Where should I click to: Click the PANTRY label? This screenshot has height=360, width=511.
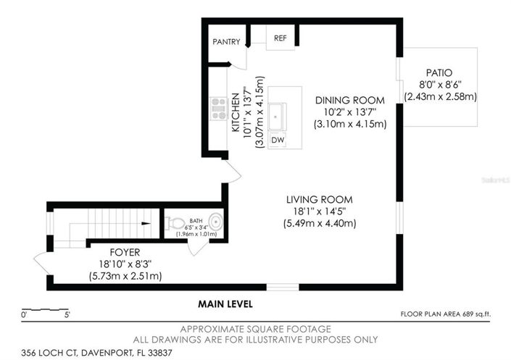(225, 42)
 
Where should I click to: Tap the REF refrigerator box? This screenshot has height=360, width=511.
(280, 38)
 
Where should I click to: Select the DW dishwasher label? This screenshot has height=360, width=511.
(278, 139)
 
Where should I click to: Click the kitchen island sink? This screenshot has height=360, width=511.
(276, 116)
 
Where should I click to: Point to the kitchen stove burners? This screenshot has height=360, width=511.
(217, 109)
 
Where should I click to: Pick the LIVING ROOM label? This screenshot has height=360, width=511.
(319, 200)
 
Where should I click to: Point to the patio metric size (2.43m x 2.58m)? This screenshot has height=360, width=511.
(440, 96)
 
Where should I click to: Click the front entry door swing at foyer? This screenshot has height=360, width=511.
(40, 265)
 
